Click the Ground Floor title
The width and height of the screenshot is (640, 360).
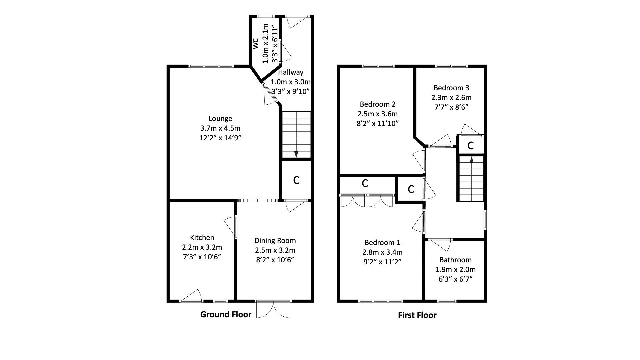click(x=226, y=314)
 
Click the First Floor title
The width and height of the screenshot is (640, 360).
click(x=417, y=315)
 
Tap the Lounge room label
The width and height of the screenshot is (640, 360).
click(x=220, y=118)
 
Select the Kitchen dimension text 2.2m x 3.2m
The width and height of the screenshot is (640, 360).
click(x=202, y=247)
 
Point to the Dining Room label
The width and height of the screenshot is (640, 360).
click(x=275, y=240)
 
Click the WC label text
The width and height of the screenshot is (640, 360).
click(x=256, y=44)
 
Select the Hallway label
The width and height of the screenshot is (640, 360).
click(x=291, y=72)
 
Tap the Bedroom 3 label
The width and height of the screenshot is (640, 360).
click(x=451, y=88)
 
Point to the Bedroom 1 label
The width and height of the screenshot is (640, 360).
click(x=382, y=242)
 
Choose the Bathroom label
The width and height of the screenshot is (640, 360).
click(x=455, y=260)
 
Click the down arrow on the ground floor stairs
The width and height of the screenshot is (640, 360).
click(x=296, y=154)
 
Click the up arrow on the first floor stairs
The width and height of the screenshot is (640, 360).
click(x=471, y=159)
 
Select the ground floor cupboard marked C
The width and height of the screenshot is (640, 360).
click(x=296, y=180)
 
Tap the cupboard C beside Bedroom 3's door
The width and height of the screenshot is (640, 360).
click(x=470, y=146)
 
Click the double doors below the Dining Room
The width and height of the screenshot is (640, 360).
click(x=273, y=309)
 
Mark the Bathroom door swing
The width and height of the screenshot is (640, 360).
click(x=442, y=245)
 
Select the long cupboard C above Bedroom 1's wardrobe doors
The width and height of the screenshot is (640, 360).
click(x=365, y=183)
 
